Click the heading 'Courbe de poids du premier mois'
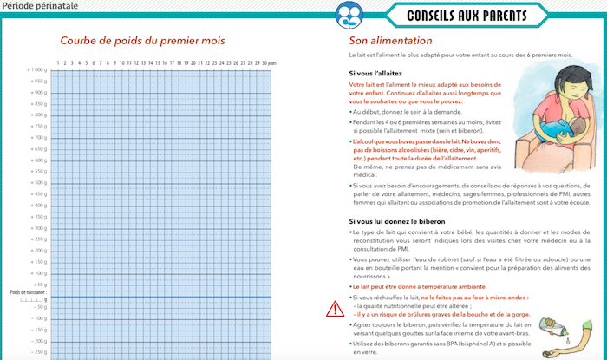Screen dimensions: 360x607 [142, 41]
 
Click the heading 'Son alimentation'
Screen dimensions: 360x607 [390, 41]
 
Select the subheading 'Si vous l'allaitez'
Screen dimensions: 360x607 [378, 73]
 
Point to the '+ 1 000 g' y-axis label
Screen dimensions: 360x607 [36, 69]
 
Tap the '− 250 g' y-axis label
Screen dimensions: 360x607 [37, 351]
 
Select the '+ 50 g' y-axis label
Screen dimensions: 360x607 [39, 284]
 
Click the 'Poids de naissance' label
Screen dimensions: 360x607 [28, 293]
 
